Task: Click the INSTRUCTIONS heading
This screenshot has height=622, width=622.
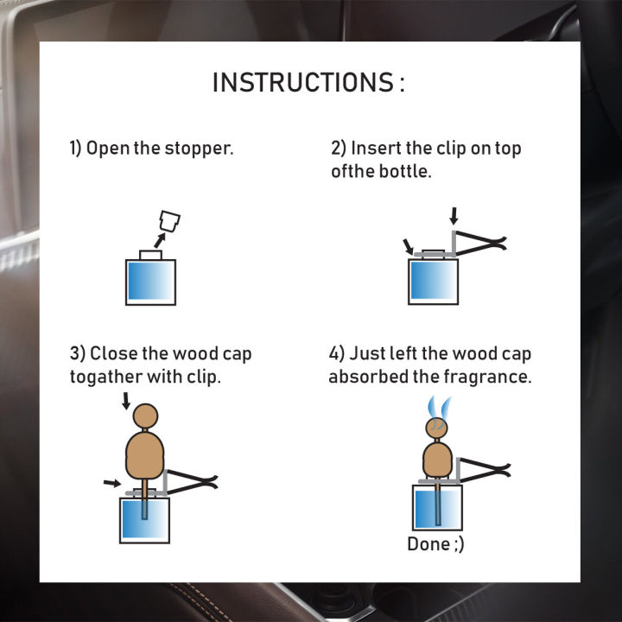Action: point(308,83)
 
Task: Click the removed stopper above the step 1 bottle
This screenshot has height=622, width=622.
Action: point(169,221)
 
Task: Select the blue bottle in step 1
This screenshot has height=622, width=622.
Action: point(150,282)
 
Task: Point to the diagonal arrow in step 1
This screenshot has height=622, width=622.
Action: point(160,240)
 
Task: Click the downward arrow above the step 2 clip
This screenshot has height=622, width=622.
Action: point(454,216)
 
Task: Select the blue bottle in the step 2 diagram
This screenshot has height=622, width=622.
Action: point(433,282)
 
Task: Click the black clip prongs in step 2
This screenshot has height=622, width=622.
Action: point(480,243)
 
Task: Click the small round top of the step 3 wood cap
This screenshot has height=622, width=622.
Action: point(145,416)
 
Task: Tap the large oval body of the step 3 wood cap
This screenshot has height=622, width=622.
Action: point(145,456)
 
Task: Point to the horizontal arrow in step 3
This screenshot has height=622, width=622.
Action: point(112,483)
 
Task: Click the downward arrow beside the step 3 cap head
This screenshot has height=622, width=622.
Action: point(126,401)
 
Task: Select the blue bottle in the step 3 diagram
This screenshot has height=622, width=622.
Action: point(145,520)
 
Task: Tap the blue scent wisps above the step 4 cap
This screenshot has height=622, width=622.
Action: point(440,408)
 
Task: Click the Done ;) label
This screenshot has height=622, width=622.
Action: point(435,544)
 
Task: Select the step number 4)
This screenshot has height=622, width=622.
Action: point(336,353)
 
